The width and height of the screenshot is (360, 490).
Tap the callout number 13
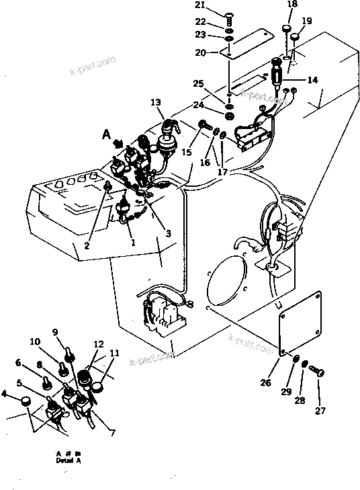[x=155, y=102]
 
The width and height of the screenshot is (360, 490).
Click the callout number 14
[x=312, y=79]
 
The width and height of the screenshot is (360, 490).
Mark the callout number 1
[x=133, y=242]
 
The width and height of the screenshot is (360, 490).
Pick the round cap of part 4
[x=26, y=402]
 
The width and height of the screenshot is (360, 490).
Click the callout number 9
[x=56, y=331]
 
